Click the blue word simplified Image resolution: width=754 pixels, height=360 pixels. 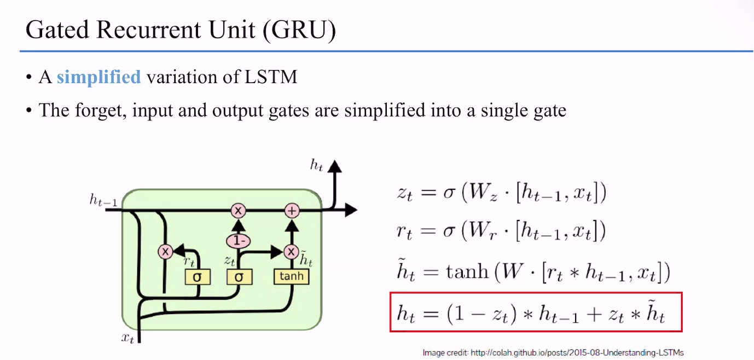(98, 77)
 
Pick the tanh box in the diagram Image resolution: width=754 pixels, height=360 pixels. (291, 276)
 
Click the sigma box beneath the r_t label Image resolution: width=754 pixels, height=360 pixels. (197, 277)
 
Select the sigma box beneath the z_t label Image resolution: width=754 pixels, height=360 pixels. (239, 277)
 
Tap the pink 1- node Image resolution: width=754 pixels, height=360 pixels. (238, 240)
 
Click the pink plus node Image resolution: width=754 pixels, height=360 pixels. (293, 210)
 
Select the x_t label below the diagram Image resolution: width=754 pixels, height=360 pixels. (127, 338)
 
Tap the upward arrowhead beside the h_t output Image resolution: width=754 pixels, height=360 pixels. (334, 167)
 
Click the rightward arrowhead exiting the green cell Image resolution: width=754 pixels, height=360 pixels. (351, 210)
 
